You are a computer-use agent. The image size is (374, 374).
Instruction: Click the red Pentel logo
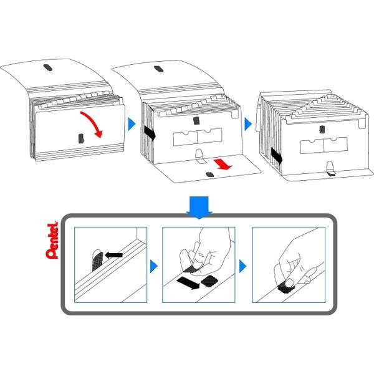click(x=52, y=241)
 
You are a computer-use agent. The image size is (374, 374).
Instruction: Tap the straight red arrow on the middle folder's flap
click(x=223, y=165)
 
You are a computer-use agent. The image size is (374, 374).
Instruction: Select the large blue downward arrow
click(x=199, y=207)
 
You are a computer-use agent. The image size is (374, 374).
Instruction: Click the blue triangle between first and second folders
click(x=132, y=124)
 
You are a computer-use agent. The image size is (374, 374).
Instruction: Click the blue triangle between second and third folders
click(x=248, y=124)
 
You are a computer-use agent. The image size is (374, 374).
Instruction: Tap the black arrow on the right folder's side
click(x=277, y=156)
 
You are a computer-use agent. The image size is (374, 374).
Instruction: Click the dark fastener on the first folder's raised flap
click(x=48, y=67)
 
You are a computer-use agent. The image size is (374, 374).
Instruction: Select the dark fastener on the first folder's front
click(x=81, y=138)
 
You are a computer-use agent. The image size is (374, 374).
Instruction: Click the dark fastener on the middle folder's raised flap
click(x=158, y=69)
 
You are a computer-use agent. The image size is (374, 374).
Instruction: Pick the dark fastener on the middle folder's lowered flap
click(x=209, y=175)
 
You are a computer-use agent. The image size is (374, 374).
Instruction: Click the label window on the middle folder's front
click(x=198, y=137)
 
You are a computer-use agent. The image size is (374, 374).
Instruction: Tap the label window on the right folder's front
click(x=324, y=145)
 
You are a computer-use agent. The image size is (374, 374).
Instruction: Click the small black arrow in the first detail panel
click(x=114, y=255)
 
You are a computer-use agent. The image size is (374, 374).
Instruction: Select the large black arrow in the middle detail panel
click(x=188, y=282)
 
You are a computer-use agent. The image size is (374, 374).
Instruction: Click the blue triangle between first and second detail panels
click(x=154, y=266)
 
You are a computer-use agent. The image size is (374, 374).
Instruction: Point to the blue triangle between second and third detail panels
click(x=243, y=266)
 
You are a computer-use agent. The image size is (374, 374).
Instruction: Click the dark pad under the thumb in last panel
click(x=285, y=287)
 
